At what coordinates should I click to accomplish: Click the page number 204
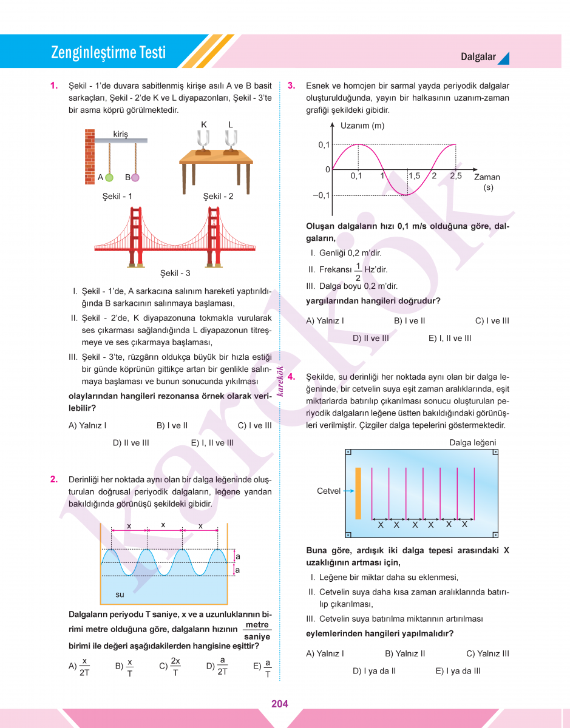280,704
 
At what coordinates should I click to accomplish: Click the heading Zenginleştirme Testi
108,53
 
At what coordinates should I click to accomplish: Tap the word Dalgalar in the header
478,57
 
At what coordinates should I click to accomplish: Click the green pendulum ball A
109,178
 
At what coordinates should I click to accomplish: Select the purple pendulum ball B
135,178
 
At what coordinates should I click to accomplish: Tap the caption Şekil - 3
175,274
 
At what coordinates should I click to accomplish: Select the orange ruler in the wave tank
358,493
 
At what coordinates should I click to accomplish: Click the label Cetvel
328,491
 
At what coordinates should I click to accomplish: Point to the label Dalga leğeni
472,443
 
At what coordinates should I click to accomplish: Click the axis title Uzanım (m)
362,126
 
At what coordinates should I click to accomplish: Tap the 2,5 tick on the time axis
455,176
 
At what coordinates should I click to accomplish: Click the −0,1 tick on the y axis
321,195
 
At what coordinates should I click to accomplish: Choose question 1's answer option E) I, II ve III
212,443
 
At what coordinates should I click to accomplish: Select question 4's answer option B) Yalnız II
405,653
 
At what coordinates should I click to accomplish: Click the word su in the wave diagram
120,595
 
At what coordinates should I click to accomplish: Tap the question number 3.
291,86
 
